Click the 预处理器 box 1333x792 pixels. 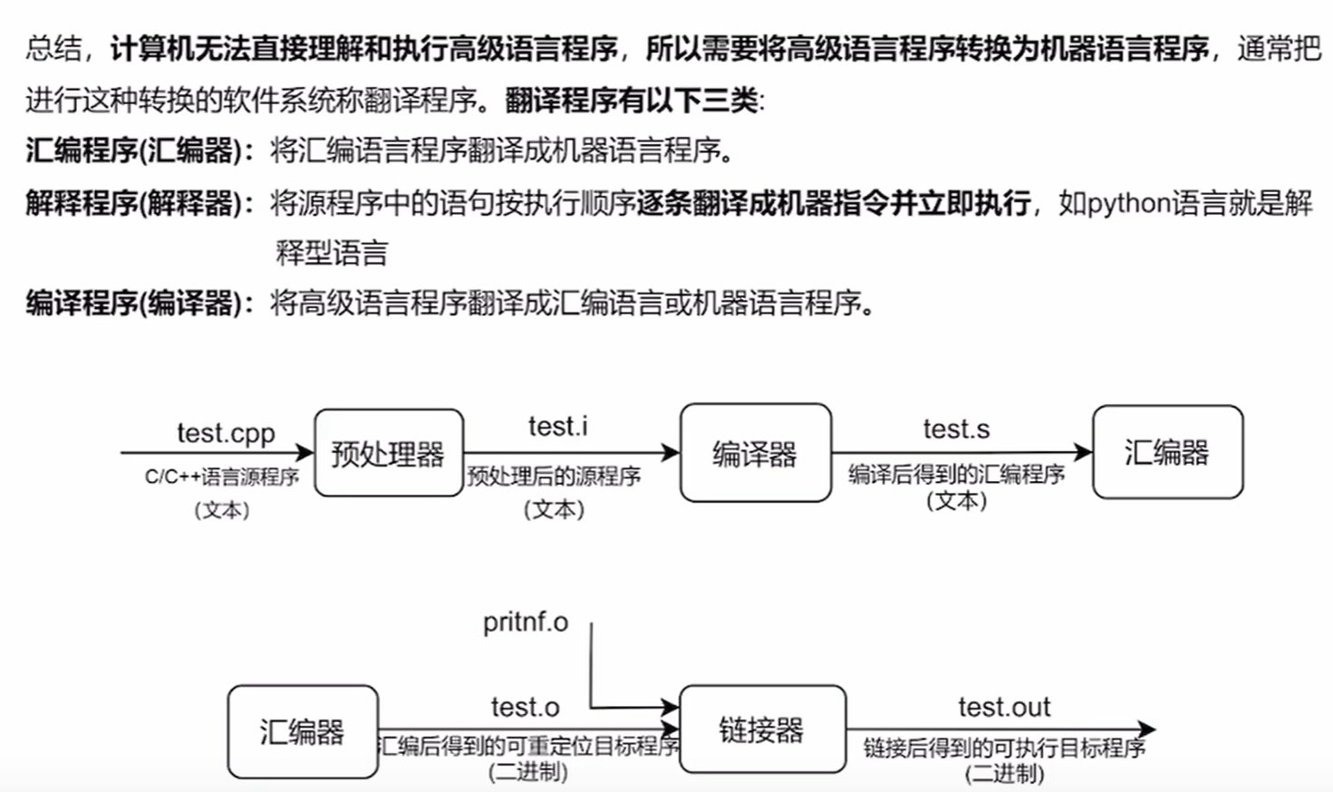coord(389,453)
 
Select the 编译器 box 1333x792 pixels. coord(755,453)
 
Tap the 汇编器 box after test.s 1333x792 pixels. coord(1167,452)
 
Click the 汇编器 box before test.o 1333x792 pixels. coord(303,731)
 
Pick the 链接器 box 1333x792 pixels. coord(762,729)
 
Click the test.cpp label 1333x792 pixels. coord(226,433)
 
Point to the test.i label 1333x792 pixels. coord(557,426)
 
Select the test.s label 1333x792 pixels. coord(956,429)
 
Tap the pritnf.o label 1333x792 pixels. coord(526,622)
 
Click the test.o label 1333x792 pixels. coord(526,707)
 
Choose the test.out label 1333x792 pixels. coord(1004,707)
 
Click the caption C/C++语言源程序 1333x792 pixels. coord(222,477)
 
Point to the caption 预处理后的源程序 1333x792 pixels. coord(554,477)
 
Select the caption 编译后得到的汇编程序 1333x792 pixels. coord(956,474)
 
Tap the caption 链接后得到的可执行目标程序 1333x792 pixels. coord(1004,748)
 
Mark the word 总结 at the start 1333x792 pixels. coord(53,48)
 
